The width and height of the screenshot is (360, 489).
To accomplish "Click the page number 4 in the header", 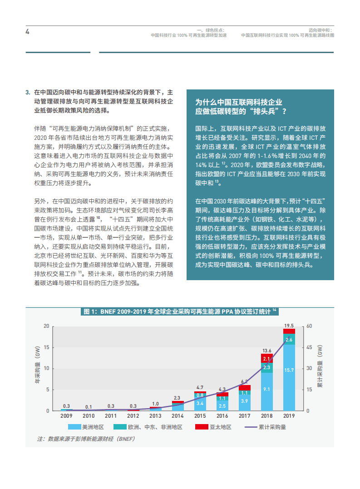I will click(x=27, y=32).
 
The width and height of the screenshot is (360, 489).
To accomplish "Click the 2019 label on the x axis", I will click(x=289, y=415).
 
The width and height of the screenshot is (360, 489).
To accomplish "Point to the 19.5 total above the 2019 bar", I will click(x=289, y=326).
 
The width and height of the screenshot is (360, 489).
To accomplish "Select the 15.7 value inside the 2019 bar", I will click(x=289, y=370).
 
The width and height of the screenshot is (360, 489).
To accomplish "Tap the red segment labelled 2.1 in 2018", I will click(x=267, y=359).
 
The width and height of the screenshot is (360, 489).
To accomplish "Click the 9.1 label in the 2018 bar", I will click(x=267, y=389).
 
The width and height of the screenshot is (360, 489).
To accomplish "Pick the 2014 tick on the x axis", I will click(x=178, y=415).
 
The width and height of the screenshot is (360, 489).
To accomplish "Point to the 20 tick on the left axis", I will click(x=46, y=326).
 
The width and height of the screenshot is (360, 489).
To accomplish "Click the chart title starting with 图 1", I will click(x=180, y=311).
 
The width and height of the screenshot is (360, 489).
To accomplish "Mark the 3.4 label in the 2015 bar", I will click(x=200, y=403).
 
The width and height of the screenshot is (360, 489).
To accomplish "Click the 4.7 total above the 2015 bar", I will click(x=200, y=387).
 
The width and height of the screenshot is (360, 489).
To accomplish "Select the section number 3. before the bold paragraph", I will click(x=29, y=92).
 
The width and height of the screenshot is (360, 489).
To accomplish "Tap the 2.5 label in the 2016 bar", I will click(x=222, y=405).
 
